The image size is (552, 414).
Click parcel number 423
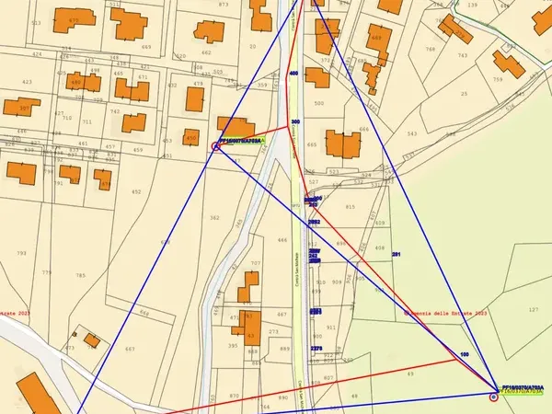point(26,82)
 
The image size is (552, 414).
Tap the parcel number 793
point(21,253)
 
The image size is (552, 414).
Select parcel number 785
point(80,275)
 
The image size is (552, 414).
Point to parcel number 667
point(130,349)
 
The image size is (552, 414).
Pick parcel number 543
point(411,133)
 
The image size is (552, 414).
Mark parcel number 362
point(214,218)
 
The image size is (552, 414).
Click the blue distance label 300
point(295,121)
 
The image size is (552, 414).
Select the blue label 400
point(293,72)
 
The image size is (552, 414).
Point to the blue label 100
point(464,354)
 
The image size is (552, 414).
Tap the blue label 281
point(397,253)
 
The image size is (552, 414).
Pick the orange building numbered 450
point(190,137)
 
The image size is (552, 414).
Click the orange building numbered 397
point(24,109)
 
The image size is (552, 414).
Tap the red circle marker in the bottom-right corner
point(494,397)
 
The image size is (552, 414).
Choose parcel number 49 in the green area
point(411,374)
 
